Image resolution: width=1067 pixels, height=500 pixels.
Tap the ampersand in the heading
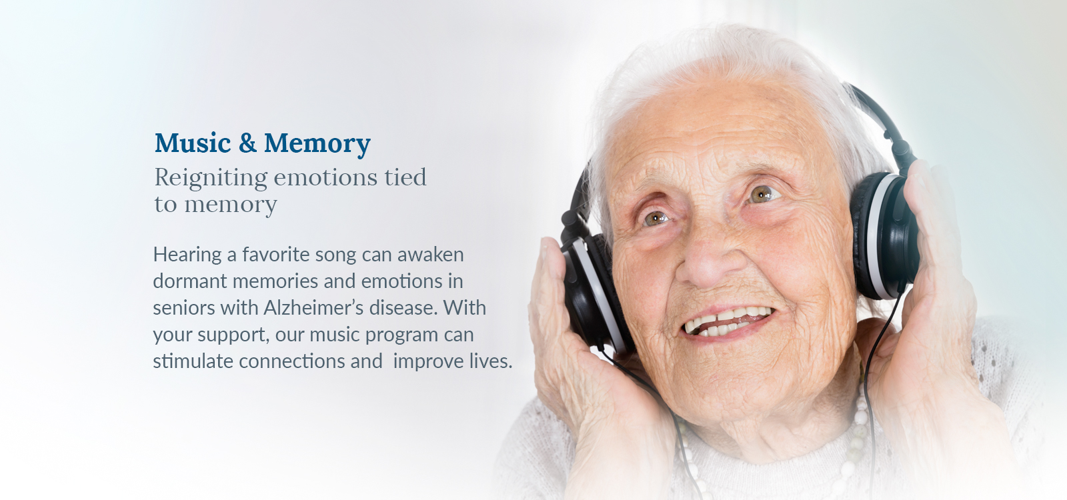[x=247, y=143]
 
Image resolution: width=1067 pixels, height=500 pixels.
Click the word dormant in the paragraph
[x=189, y=281]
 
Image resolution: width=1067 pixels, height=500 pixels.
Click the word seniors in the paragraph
[x=184, y=308]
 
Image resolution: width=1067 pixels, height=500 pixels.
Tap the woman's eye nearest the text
[x=656, y=219]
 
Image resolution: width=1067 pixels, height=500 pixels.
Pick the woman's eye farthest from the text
[x=763, y=194]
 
